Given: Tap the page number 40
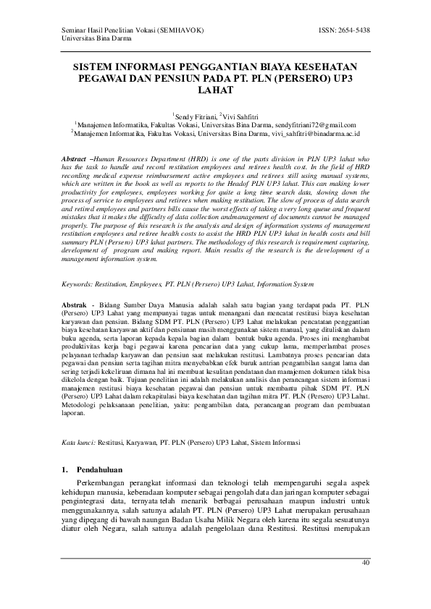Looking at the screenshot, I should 365,562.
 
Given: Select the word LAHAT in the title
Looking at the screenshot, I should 215,91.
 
